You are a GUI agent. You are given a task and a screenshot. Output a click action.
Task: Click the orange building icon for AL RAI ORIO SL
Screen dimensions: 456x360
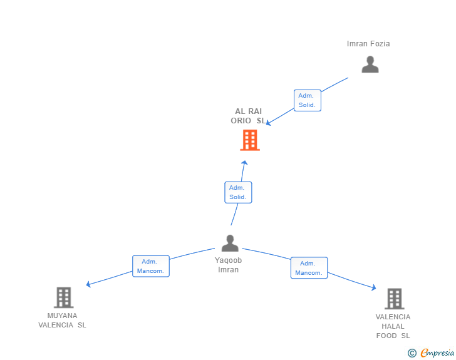250,140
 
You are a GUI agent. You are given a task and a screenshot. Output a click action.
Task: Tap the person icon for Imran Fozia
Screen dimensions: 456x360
370,64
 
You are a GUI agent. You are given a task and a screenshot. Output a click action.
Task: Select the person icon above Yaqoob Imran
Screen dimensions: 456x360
230,243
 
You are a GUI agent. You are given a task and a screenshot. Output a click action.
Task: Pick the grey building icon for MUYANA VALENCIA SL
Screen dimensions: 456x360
64,297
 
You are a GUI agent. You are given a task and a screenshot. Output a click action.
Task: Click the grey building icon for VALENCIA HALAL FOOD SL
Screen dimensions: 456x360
395,299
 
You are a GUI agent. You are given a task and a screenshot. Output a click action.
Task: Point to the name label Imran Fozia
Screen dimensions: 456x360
368,44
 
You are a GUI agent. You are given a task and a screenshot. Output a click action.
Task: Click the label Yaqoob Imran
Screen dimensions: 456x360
228,265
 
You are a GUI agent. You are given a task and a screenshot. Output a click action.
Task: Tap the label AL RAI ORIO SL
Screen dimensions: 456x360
248,116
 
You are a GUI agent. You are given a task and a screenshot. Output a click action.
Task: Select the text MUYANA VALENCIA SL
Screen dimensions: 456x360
62,320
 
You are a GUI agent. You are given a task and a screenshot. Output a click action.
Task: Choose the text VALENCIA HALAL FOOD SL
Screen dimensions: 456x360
393,326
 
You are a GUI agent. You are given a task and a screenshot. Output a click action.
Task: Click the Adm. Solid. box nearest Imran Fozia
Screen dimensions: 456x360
308,100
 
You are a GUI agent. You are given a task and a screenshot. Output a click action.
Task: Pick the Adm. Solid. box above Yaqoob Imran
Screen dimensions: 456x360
238,192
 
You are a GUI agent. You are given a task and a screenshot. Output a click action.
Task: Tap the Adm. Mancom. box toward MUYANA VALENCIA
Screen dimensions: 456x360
150,266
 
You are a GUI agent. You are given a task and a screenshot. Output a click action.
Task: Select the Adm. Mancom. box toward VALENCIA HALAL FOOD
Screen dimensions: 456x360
309,268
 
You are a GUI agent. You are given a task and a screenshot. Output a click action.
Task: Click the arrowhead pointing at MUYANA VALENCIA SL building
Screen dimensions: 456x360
88,284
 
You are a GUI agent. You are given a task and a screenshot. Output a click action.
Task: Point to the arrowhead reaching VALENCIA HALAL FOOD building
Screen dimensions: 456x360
374,287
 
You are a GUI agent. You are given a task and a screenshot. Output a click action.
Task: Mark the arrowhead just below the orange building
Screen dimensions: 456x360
244,163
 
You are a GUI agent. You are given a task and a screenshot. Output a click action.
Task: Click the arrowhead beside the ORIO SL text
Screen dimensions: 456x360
269,123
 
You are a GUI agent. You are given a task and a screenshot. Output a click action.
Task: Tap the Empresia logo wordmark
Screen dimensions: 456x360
437,352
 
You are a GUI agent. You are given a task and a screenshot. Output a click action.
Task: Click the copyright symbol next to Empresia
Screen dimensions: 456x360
412,353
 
